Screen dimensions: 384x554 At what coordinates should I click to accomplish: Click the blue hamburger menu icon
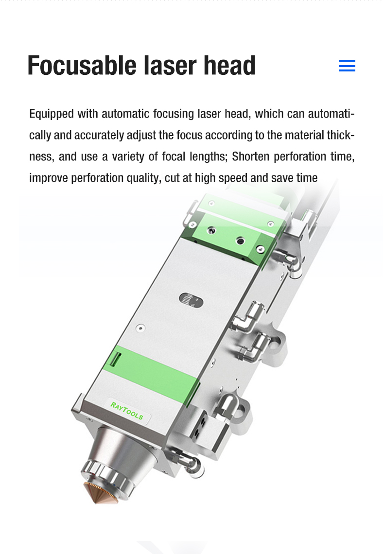pos(347,66)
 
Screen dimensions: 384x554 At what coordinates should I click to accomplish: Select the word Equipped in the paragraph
pos(52,114)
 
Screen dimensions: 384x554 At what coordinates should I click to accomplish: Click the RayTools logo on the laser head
pos(127,411)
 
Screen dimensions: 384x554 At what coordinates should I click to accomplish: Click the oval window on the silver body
pos(191,301)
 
